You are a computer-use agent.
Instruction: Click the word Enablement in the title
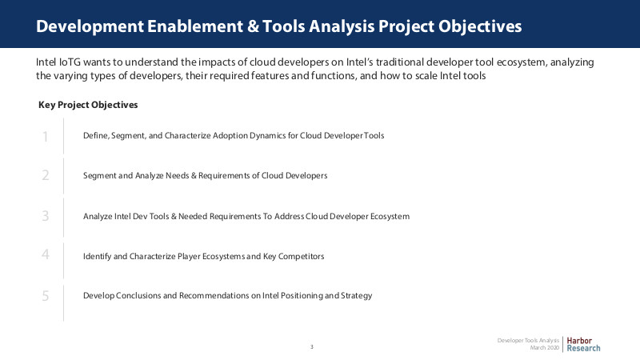pos(195,26)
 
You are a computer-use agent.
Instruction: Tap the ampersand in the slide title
pos(253,26)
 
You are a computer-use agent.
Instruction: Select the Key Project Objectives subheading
pos(88,105)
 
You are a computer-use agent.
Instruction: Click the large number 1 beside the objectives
pos(46,136)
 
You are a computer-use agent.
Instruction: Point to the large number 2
pos(46,175)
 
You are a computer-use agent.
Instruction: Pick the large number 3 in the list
pos(46,215)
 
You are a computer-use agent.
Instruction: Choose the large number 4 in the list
pos(46,254)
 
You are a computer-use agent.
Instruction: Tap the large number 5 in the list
pos(46,295)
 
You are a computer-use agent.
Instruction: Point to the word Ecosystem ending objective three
pos(390,216)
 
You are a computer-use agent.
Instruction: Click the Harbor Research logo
pos(583,344)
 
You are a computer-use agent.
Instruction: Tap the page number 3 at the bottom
pos(312,347)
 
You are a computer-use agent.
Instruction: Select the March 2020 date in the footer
pos(545,348)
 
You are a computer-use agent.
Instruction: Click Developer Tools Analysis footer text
pos(528,341)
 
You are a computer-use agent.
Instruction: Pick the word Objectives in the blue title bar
pos(480,26)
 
